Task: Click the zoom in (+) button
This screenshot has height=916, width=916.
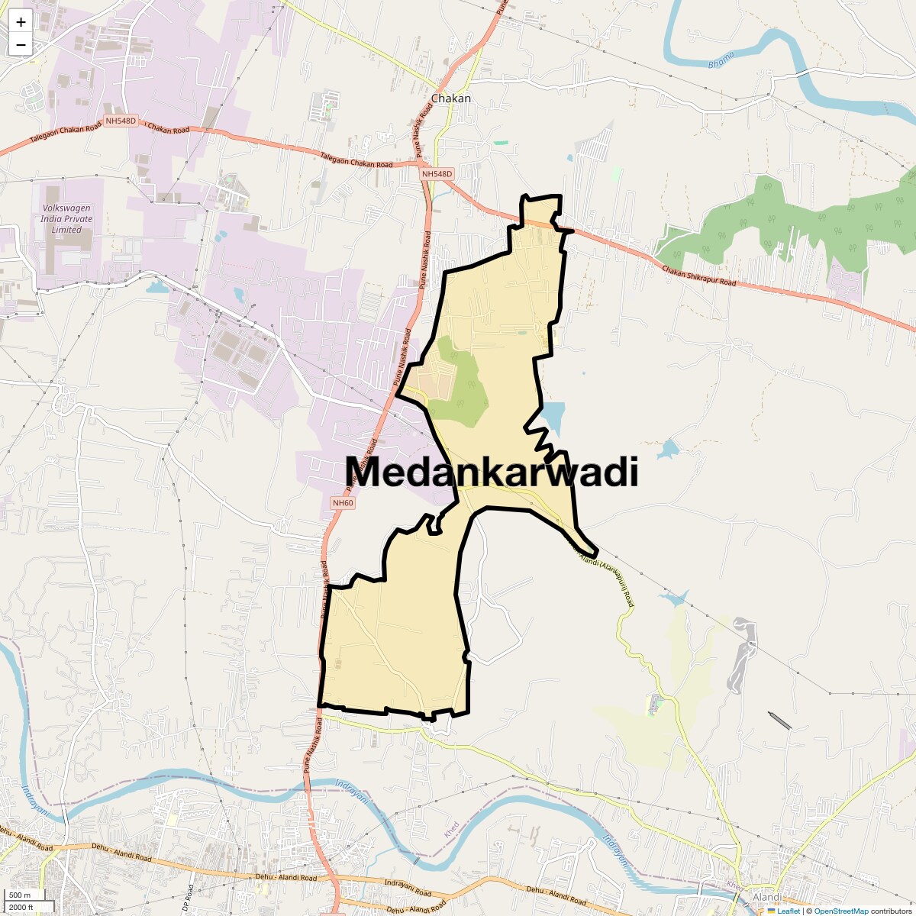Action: coord(21,22)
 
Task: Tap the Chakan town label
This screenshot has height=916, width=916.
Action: coord(451,98)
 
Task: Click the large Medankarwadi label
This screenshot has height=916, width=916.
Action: coord(492,473)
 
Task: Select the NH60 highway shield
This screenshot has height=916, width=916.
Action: coord(343,503)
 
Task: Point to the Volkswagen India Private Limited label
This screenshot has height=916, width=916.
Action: coord(67,218)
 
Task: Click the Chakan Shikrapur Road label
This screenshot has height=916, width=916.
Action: coord(698,276)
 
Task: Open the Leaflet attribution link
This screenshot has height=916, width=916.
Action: coord(789,911)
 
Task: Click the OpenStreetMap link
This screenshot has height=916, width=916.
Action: coord(841,911)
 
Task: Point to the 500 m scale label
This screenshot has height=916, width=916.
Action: coord(21,895)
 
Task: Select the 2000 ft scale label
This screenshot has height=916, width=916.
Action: coord(22,907)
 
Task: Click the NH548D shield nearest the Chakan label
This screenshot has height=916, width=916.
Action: coord(437,174)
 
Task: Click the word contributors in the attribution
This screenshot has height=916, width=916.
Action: coord(892,911)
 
